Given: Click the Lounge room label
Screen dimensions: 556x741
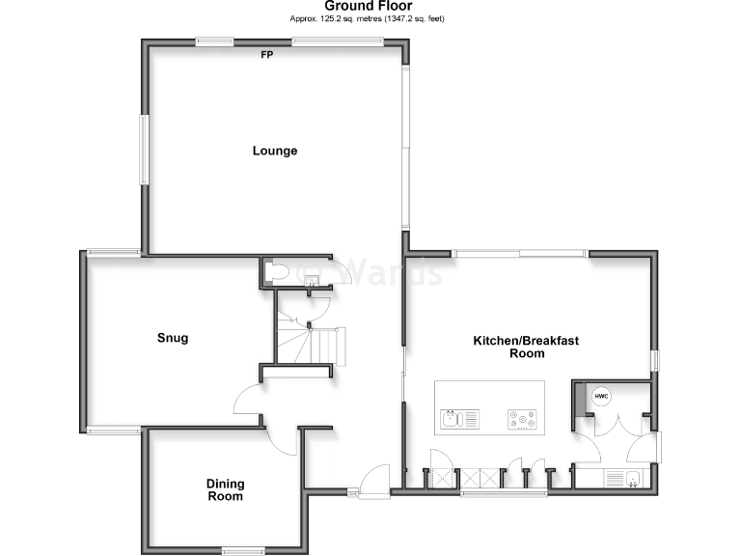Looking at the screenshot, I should tap(275, 151).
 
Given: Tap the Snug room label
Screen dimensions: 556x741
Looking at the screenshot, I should tap(173, 338).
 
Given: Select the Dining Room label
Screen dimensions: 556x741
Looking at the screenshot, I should tap(225, 490).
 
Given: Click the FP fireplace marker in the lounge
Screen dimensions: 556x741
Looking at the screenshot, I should tap(266, 54).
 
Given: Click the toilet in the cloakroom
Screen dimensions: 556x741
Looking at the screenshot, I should tap(277, 271).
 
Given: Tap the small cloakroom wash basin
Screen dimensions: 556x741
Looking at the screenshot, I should tap(313, 280).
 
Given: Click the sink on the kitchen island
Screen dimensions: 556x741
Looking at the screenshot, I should tap(457, 419).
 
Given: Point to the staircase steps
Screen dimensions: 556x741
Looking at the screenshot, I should tap(314, 342).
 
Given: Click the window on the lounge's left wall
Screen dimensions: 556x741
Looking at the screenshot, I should tap(143, 150).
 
